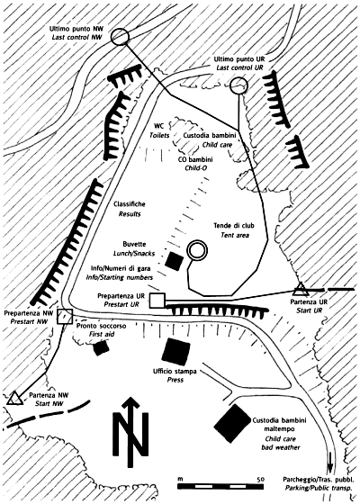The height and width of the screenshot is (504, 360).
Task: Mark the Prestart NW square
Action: coord(58,316)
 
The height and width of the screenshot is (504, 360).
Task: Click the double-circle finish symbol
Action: coord(190,250)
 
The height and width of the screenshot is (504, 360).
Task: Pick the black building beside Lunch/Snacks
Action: coord(174,260)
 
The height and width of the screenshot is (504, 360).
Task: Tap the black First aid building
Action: coord(101,347)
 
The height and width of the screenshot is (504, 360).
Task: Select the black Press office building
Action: coord(175,352)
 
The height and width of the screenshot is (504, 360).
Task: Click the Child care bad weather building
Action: coord(233,423)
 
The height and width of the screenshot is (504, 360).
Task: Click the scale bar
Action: coord(220,486)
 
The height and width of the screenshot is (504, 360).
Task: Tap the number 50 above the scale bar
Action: coord(260,479)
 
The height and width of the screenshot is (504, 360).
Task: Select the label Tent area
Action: coord(235,235)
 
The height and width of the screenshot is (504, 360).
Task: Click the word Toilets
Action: coord(159,136)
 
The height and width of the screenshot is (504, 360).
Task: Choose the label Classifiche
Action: coord(130,204)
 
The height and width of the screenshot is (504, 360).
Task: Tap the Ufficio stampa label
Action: coord(175,372)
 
